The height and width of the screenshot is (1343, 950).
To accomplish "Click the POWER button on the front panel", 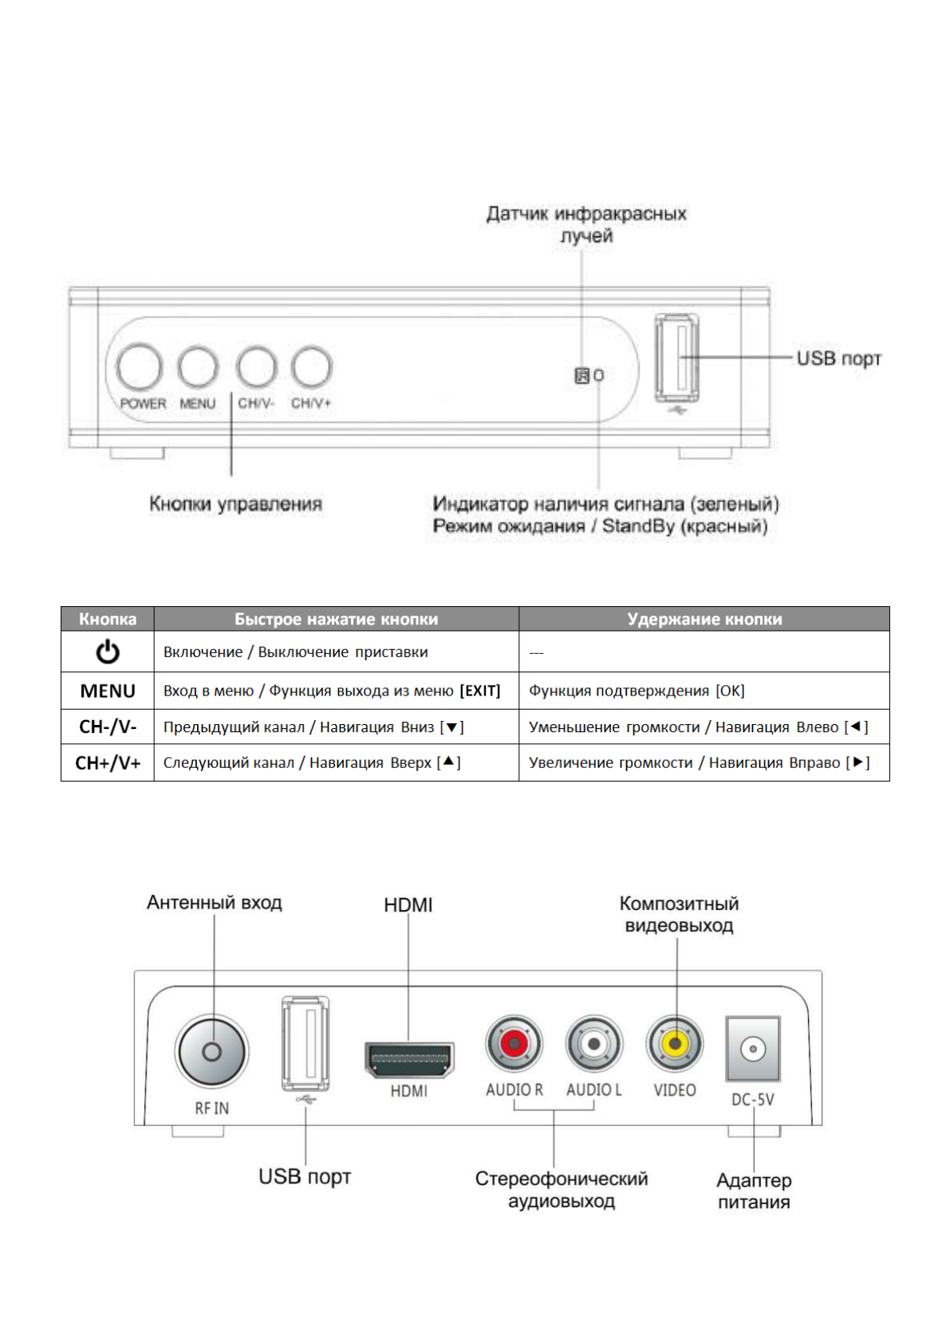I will pyautogui.click(x=140, y=368).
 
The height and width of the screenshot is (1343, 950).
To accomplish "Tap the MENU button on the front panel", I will pyautogui.click(x=198, y=368).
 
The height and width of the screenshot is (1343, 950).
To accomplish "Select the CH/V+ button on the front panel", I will pyautogui.click(x=311, y=367).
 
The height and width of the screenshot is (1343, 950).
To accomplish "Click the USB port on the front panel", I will pyautogui.click(x=677, y=358).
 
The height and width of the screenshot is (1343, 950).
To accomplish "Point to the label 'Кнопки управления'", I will pyautogui.click(x=236, y=504).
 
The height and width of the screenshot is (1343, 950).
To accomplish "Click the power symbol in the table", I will pyautogui.click(x=108, y=652).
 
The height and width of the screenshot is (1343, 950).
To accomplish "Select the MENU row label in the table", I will pyautogui.click(x=108, y=691).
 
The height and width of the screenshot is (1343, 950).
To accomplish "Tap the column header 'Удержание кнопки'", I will pyautogui.click(x=704, y=619).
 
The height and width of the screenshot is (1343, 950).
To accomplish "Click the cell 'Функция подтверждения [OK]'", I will pyautogui.click(x=637, y=691).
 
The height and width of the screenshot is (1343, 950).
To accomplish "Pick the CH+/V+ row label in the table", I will pyautogui.click(x=108, y=763).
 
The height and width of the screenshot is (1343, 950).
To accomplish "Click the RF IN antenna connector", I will pyautogui.click(x=211, y=1052).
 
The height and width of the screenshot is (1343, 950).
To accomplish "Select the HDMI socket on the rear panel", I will pyautogui.click(x=409, y=1059).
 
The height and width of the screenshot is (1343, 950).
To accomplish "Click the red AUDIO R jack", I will pyautogui.click(x=514, y=1042).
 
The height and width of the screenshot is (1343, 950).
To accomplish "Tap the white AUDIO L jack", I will pyautogui.click(x=593, y=1043).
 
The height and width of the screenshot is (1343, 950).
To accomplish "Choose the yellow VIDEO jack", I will pyautogui.click(x=676, y=1043).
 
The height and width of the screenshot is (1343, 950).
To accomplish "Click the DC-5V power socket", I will pyautogui.click(x=753, y=1049).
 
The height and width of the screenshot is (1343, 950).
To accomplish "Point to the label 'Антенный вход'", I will pyautogui.click(x=215, y=903).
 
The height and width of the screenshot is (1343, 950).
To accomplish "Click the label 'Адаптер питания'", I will pyautogui.click(x=754, y=1191).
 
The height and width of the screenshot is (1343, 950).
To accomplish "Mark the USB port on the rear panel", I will pyautogui.click(x=305, y=1042).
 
